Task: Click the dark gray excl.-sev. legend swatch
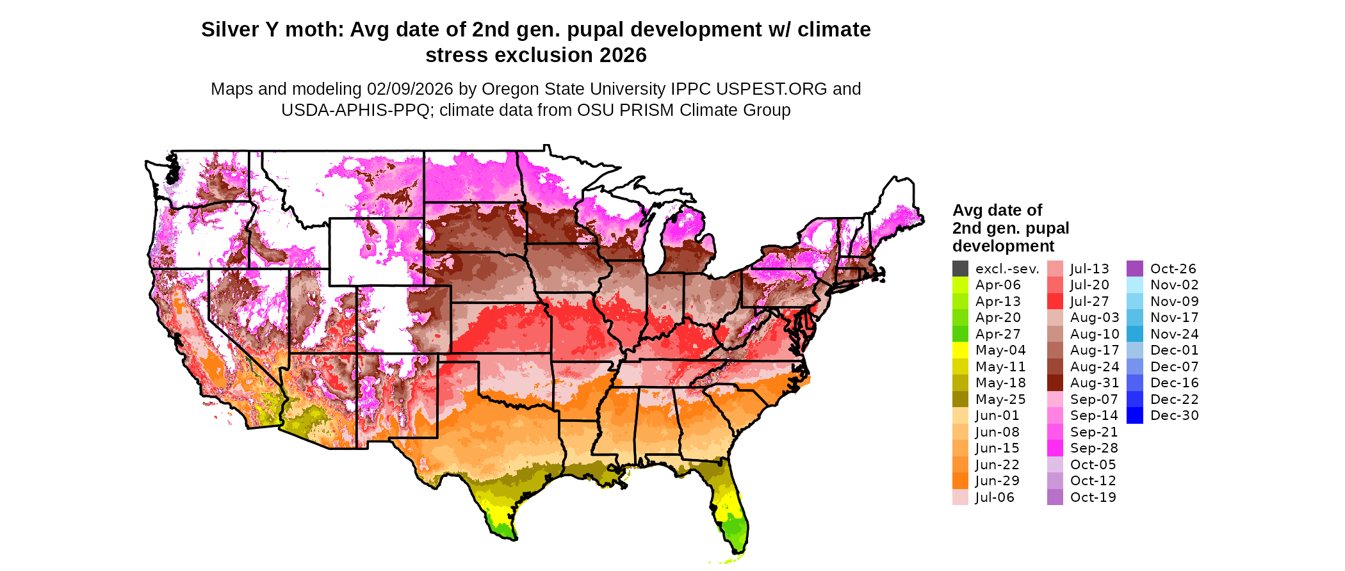pos(960,269)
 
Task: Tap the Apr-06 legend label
pos(998,285)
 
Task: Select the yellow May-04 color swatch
pos(960,350)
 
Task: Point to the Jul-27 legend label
pos(1089,302)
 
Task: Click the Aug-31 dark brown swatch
pos(1055,383)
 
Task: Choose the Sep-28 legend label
pos(1094,448)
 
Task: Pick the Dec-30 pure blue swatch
pos(1134,415)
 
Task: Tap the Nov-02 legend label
pos(1174,285)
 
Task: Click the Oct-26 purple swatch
pos(1134,269)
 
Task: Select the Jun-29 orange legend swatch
pos(960,481)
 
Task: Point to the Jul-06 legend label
pos(995,497)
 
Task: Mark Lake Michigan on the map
pos(653,237)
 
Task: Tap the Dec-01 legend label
pos(1174,350)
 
